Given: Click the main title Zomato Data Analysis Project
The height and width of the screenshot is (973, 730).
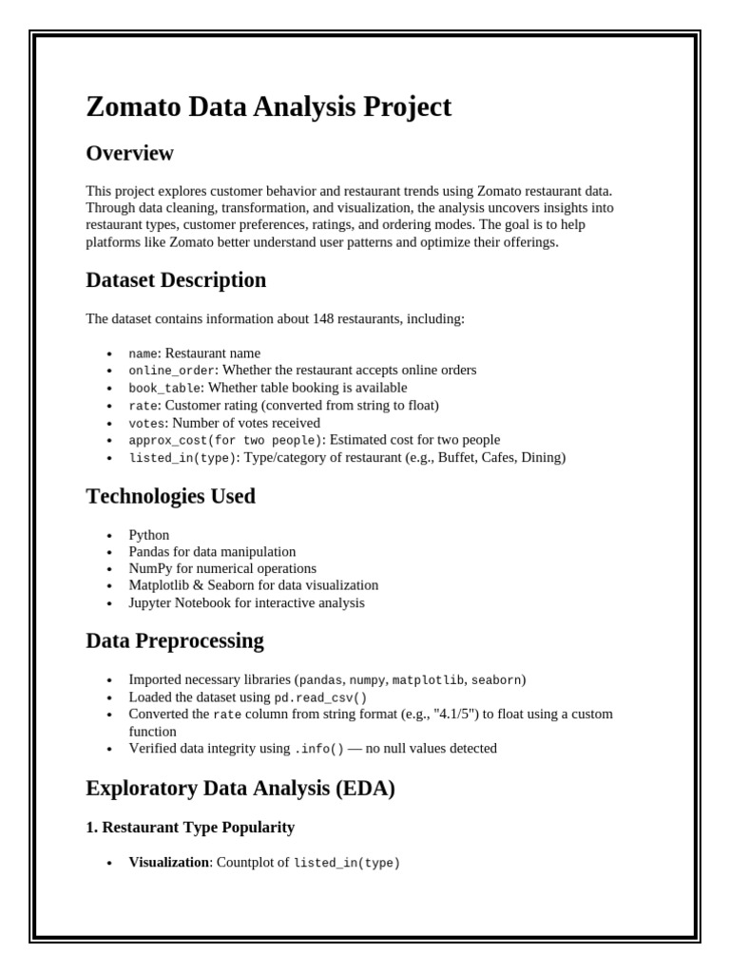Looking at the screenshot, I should pyautogui.click(x=269, y=106).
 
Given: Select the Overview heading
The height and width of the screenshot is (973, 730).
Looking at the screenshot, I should pyautogui.click(x=129, y=153).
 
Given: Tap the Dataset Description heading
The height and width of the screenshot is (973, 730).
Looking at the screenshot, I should pyautogui.click(x=176, y=280).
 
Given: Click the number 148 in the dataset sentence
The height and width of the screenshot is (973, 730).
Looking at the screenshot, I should pyautogui.click(x=323, y=319).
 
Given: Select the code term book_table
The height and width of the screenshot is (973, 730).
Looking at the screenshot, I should pyautogui.click(x=164, y=388).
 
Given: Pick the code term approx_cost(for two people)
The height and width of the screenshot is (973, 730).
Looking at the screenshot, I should pyautogui.click(x=225, y=440).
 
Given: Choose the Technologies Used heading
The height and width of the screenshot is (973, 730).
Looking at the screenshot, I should pyautogui.click(x=170, y=496).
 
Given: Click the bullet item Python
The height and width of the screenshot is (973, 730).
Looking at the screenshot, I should pyautogui.click(x=149, y=535).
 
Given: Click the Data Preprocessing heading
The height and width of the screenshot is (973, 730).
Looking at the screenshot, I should pyautogui.click(x=175, y=640).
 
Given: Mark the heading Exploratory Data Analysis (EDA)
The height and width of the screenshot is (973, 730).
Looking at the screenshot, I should pyautogui.click(x=240, y=789).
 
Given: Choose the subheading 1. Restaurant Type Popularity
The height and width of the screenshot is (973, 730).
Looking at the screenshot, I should pyautogui.click(x=190, y=828).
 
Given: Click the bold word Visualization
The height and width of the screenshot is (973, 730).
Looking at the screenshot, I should pyautogui.click(x=168, y=863).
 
